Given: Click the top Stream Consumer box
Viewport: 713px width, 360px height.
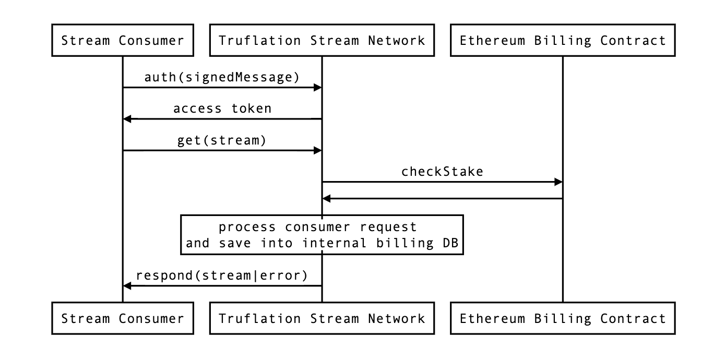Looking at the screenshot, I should pos(123,40).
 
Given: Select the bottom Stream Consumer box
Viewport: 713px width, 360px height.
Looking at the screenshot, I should pos(123,318).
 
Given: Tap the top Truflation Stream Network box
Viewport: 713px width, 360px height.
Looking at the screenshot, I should pos(322,40).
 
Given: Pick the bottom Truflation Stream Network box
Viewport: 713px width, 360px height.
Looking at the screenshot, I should pos(322,318).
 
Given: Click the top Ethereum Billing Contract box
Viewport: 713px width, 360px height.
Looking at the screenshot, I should pos(563,40).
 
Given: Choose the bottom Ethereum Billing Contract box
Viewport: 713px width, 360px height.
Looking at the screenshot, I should pos(563,318).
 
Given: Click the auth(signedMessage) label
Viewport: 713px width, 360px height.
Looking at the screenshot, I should pos(222,77).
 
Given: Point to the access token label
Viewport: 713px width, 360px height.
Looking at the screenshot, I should pos(222,109).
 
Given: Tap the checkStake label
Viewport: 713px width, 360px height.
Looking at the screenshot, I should pos(442,171).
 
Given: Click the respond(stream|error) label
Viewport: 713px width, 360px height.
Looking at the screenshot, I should pos(222,275).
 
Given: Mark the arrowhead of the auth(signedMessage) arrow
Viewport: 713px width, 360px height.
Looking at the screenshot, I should pos(317,88).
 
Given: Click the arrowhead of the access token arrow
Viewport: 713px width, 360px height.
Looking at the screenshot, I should pos(127,119).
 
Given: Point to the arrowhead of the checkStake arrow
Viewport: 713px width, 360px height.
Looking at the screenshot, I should pos(558,182).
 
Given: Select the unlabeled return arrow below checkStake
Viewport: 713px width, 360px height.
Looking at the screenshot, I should pos(442,198).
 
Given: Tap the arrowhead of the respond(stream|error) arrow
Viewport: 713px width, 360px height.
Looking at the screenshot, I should pos(127,285).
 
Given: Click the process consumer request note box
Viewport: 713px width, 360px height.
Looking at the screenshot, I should pos(322,235).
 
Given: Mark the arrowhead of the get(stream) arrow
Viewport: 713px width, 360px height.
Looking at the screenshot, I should pos(317,150).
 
